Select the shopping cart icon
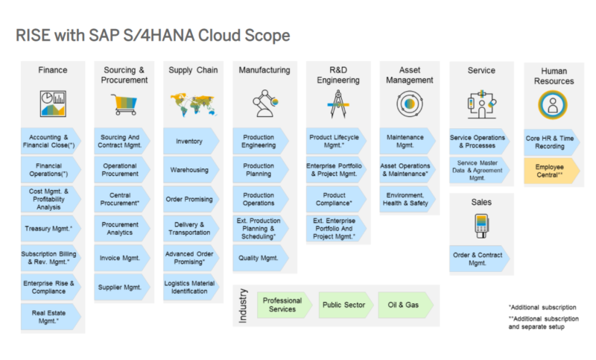(x=124, y=103)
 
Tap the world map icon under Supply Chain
(x=191, y=103)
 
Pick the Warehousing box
(x=189, y=170)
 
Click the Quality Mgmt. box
(x=259, y=258)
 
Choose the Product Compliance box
(x=333, y=199)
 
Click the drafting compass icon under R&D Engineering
(x=333, y=103)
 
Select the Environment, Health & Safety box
(x=408, y=199)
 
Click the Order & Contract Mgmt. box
(x=478, y=258)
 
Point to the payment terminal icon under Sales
(x=481, y=226)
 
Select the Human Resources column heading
(x=554, y=76)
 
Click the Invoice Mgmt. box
(x=120, y=257)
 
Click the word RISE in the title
(x=34, y=35)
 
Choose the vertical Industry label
(x=243, y=306)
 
